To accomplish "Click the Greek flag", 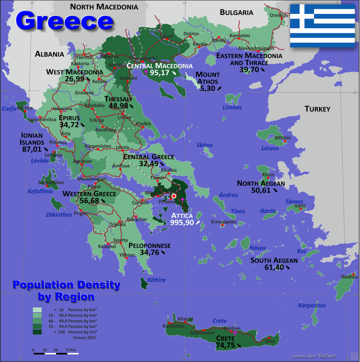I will (x=322, y=26).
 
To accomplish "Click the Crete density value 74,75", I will (x=226, y=345).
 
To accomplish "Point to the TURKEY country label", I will (x=317, y=109).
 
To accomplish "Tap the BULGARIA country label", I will (x=237, y=13).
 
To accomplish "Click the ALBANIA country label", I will (x=49, y=54).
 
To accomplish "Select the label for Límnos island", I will (x=232, y=107).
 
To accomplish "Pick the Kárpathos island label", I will (x=312, y=306).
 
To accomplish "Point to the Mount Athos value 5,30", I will (x=208, y=88).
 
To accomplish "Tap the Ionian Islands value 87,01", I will (x=31, y=149).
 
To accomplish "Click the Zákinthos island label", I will (x=58, y=215).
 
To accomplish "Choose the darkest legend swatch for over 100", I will (x=38, y=332).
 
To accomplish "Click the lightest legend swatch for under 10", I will (x=38, y=310).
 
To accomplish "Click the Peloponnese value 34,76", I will (x=150, y=253).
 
